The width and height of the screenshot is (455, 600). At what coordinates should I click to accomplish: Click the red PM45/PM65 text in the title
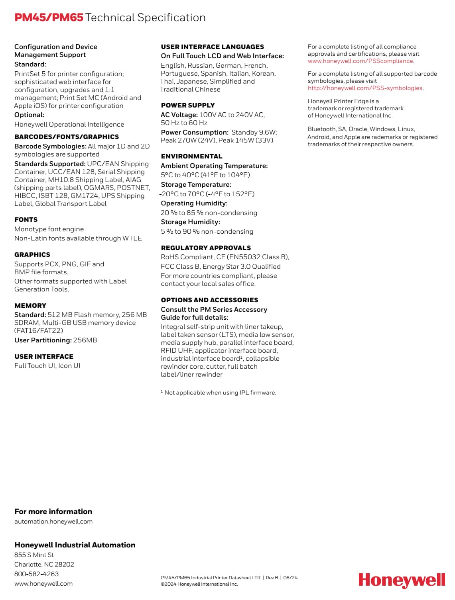49,18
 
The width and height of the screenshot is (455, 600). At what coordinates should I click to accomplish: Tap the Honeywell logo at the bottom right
401,580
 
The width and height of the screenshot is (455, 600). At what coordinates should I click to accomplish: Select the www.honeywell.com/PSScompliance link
360,61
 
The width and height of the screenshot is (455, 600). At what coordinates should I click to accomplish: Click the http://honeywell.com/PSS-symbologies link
365,88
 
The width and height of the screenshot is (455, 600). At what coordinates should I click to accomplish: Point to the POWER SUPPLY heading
188,105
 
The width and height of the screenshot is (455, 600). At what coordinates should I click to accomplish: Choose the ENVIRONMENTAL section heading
191,156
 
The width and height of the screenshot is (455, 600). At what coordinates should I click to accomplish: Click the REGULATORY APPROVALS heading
206,248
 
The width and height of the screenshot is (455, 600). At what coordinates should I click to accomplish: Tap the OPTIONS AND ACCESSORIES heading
209,300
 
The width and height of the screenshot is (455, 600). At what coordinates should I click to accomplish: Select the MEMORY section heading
30,305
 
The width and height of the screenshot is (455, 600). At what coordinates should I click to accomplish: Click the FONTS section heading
26,219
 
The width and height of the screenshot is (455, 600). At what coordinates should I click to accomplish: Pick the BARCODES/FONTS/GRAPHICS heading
67,137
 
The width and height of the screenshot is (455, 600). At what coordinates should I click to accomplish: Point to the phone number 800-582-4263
36,574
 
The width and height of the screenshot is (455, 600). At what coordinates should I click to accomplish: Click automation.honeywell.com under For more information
53,522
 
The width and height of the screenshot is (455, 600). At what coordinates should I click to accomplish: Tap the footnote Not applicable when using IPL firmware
220,393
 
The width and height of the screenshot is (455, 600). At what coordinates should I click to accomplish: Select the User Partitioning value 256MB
85,340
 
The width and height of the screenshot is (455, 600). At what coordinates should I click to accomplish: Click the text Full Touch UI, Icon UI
47,365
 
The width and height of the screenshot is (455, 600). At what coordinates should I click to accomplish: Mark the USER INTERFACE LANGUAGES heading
212,47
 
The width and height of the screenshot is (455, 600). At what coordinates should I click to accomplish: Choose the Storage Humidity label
190,222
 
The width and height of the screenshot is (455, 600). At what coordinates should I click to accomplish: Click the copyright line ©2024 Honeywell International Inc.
199,584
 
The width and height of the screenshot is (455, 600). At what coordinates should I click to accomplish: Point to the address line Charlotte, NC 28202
44,564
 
